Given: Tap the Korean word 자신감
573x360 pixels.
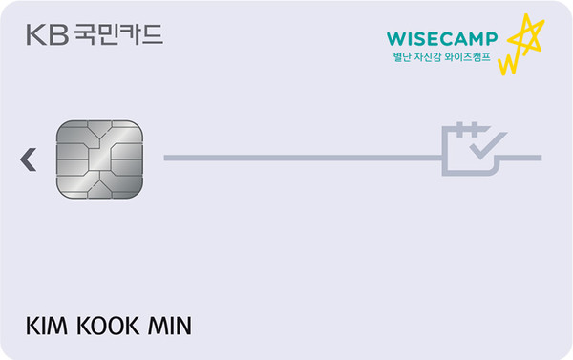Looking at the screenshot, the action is click(x=435, y=59).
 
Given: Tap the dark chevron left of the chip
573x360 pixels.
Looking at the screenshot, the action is click(x=29, y=159).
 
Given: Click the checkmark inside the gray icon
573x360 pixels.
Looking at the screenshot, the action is click(x=486, y=146).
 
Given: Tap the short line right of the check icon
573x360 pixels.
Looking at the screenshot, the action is click(x=523, y=157).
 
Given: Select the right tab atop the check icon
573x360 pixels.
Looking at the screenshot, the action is click(x=476, y=127).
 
